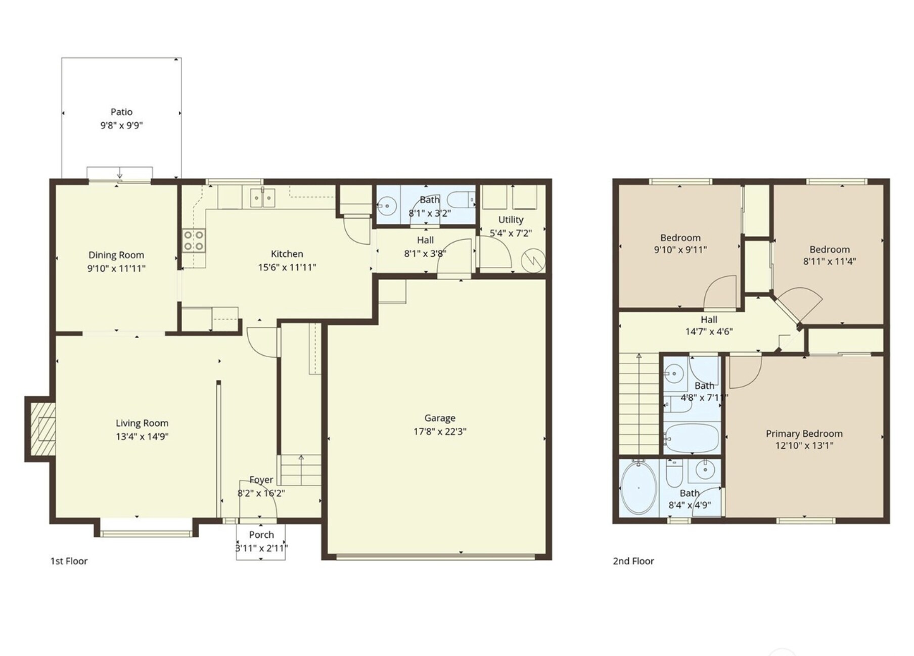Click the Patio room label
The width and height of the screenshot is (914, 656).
tap(121, 112)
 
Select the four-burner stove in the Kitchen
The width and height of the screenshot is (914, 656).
tap(194, 241)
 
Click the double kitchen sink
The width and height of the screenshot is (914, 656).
tap(262, 197)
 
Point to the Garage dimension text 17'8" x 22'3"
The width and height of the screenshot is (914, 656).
tap(440, 431)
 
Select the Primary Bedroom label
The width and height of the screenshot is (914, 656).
tap(804, 433)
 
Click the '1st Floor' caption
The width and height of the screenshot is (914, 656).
tap(69, 561)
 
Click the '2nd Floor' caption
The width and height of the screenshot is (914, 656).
tap(633, 561)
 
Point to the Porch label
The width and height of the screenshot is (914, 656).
tap(261, 535)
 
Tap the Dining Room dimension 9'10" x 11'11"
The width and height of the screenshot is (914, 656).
tap(116, 268)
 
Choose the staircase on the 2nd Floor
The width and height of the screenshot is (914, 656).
tap(639, 403)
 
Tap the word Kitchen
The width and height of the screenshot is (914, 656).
tap(287, 254)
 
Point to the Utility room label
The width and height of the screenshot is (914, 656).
tap(511, 219)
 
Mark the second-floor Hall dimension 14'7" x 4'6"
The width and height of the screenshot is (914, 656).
tap(709, 332)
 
